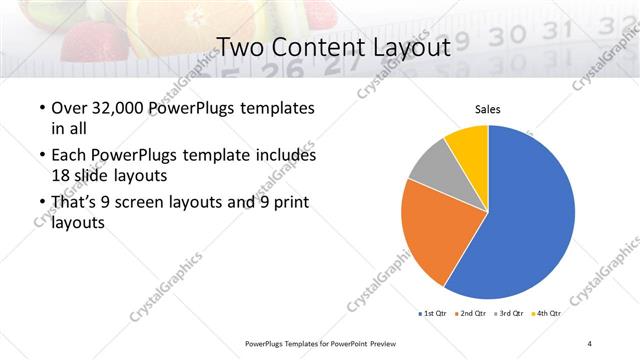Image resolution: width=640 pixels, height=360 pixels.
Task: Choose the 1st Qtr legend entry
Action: pyautogui.click(x=434, y=314)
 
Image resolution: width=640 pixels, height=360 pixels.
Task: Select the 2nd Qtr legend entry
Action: pyautogui.click(x=474, y=314)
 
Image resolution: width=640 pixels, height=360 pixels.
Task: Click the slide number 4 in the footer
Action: pyautogui.click(x=590, y=343)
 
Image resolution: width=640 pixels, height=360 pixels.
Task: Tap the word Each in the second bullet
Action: pyautogui.click(x=67, y=156)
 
